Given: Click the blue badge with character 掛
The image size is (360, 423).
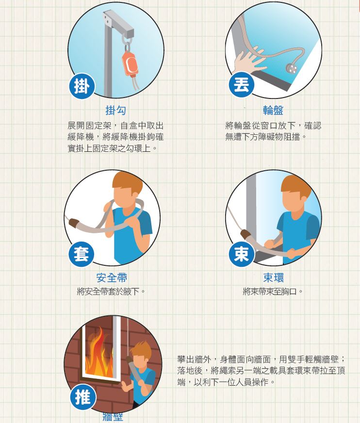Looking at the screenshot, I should click(x=81, y=86).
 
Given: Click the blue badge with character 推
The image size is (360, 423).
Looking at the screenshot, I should click(x=82, y=397).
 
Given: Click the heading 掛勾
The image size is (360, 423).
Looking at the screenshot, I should click(x=115, y=111).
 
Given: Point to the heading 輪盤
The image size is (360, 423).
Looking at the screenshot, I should click(x=273, y=111).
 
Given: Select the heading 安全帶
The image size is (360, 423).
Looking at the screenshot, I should click(x=112, y=278).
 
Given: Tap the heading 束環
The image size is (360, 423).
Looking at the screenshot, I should click(x=273, y=278).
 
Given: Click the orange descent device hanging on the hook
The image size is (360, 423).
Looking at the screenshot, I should click(x=130, y=63).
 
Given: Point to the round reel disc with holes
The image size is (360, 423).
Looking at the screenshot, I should click(x=292, y=67).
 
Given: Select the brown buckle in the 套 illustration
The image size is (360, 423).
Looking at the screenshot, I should click(x=74, y=223).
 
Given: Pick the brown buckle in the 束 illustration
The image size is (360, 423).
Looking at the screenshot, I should click(x=246, y=236).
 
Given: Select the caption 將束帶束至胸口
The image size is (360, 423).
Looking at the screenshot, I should click(x=273, y=292).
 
